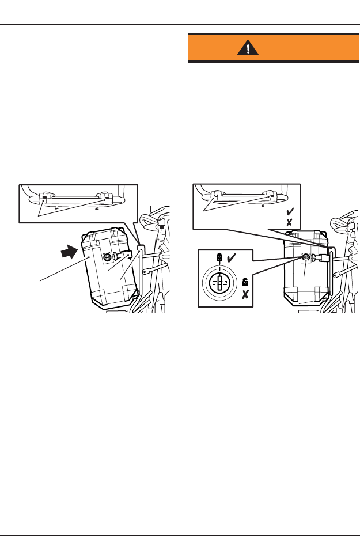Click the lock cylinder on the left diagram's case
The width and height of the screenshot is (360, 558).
(x=108, y=259)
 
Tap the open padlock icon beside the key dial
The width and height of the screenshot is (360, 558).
(x=245, y=282)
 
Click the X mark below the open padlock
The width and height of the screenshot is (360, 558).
(x=245, y=295)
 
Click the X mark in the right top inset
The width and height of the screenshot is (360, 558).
(x=290, y=222)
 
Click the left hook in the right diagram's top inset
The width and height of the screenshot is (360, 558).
(x=214, y=196)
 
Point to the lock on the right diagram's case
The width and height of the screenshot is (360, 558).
(x=306, y=257)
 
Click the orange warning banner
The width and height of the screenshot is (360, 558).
(x=274, y=49)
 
